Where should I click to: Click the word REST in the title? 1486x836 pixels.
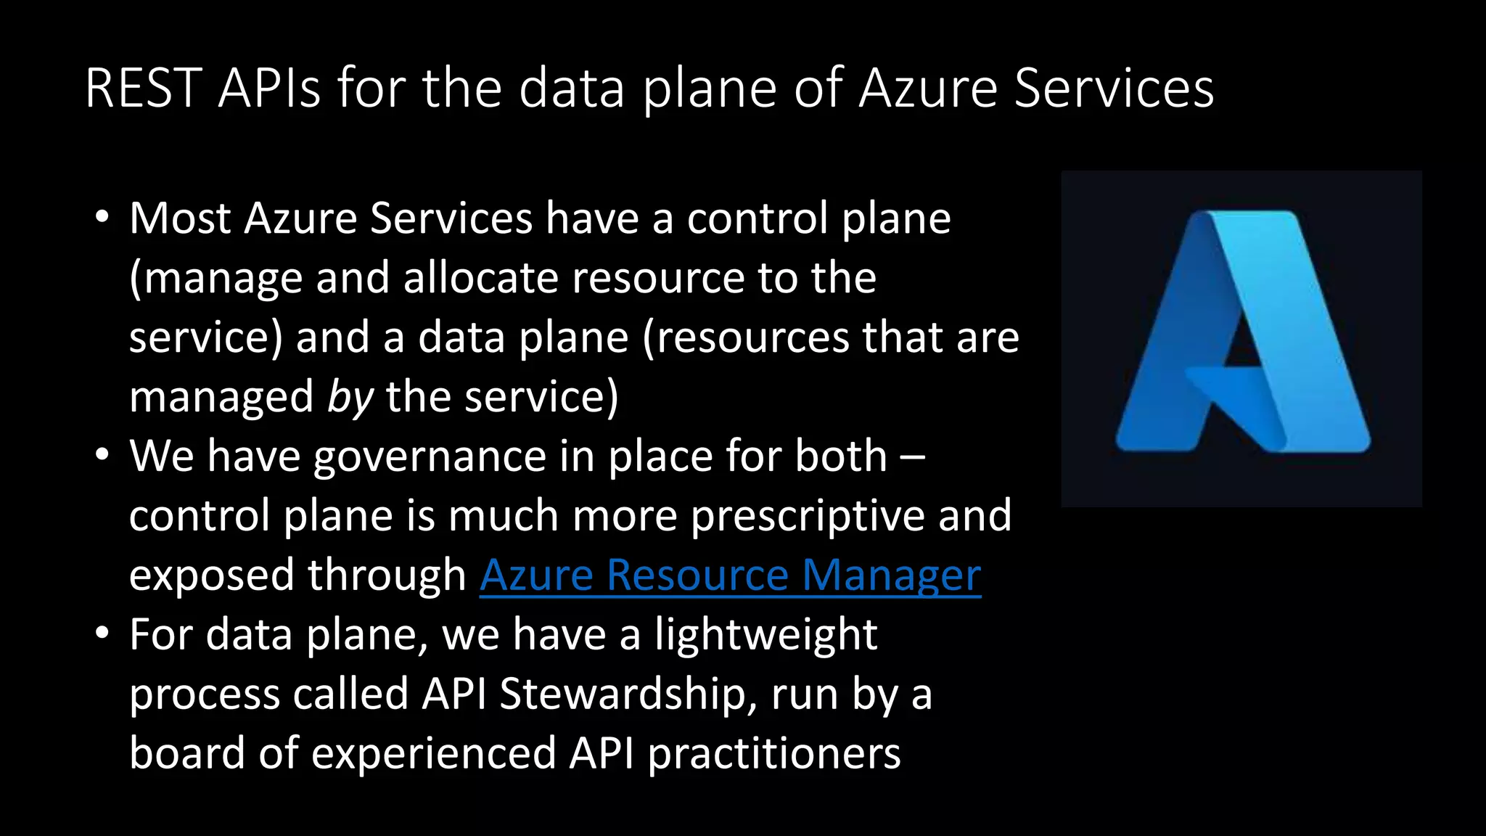143,89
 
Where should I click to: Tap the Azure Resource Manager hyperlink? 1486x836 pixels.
730,575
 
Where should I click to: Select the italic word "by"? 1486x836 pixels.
350,397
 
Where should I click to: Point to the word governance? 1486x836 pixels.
430,456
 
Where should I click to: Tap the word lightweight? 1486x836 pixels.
765,635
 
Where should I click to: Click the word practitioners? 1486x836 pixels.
773,754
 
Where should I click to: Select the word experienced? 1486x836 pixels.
434,754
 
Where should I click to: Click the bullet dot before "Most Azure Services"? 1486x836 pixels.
102,218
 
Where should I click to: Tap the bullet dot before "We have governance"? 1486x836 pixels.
102,456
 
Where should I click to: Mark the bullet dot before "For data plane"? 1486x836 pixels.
102,634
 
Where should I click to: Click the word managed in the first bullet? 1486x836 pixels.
221,397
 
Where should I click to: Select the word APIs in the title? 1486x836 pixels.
268,89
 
